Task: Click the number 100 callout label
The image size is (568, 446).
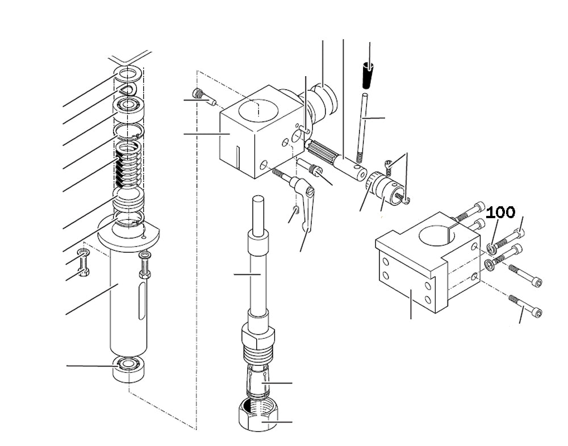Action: (500, 213)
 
